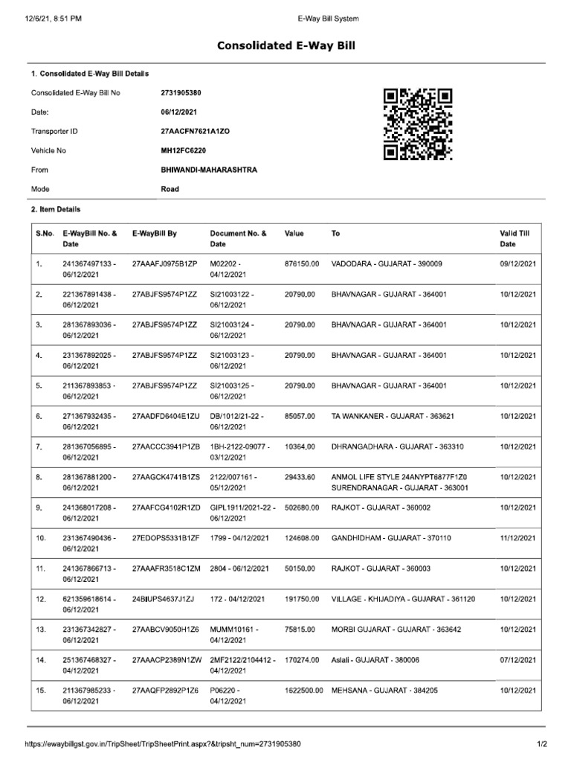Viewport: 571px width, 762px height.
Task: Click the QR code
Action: click(x=418, y=124)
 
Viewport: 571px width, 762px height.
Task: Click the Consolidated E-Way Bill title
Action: click(x=286, y=46)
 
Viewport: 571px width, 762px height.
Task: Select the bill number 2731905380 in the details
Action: click(x=181, y=93)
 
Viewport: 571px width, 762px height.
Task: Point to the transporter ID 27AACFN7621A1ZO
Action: click(x=196, y=131)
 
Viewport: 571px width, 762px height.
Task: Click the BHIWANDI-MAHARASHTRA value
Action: click(x=209, y=170)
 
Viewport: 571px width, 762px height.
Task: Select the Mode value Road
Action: click(x=170, y=189)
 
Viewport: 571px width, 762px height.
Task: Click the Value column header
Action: click(x=294, y=234)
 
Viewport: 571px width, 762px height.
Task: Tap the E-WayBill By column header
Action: click(x=154, y=234)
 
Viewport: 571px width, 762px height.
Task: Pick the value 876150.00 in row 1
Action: click(x=301, y=264)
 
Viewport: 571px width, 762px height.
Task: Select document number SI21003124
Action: click(x=232, y=325)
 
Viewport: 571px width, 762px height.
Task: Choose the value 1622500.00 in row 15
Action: click(x=303, y=691)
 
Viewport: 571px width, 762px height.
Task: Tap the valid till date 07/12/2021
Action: click(x=518, y=660)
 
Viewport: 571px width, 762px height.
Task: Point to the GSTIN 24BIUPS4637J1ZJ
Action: click(x=163, y=599)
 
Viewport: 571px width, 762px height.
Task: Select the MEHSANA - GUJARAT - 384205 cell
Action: click(x=384, y=691)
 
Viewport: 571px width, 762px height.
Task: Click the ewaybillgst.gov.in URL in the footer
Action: click(x=163, y=743)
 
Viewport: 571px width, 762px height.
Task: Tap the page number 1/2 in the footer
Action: click(x=542, y=743)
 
